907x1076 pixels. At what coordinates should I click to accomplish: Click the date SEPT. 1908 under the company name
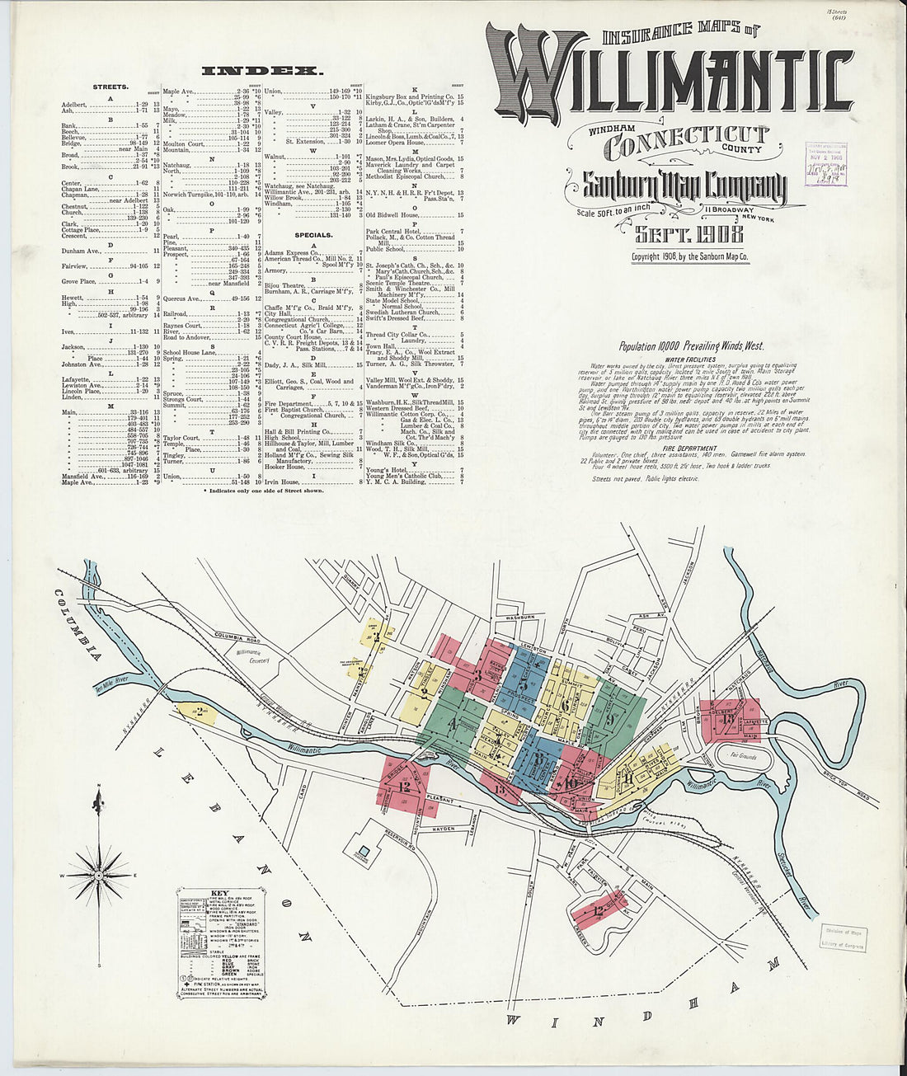click(x=688, y=234)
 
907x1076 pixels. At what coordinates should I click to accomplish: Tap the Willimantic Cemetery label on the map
click(x=248, y=655)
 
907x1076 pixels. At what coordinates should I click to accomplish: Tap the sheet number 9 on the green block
click(x=610, y=717)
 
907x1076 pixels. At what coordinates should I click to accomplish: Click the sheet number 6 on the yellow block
click(x=564, y=704)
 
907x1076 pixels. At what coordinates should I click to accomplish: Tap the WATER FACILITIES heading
click(x=688, y=360)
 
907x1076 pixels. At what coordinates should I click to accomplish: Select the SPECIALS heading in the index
click(x=313, y=235)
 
